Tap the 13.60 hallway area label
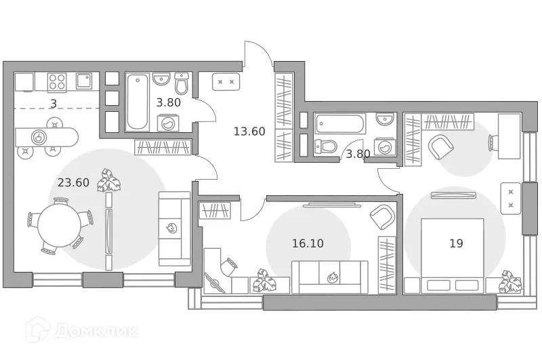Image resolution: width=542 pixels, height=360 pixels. click(x=249, y=132)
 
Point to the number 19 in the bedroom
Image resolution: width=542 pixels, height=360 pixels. click(x=456, y=243)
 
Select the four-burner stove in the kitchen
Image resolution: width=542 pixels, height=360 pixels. click(x=57, y=82)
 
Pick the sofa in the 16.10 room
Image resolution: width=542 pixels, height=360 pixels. click(x=330, y=277)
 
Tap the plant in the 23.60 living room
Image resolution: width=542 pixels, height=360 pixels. click(x=107, y=180)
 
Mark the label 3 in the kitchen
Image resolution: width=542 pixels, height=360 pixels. click(x=53, y=104)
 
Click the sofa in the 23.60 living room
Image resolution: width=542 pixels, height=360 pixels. click(x=175, y=228)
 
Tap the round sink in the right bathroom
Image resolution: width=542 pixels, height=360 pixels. click(x=384, y=119)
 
